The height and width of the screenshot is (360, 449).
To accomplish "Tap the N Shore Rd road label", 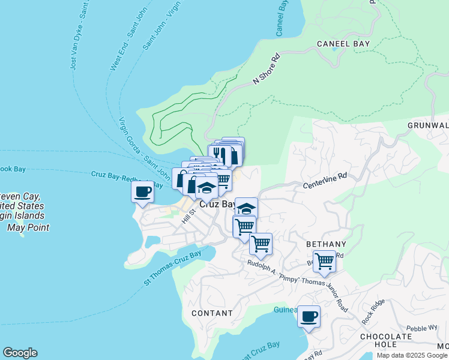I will click(x=267, y=70).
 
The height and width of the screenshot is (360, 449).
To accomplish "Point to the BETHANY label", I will click(x=327, y=244).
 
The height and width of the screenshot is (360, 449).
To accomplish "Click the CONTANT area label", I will click(x=212, y=313).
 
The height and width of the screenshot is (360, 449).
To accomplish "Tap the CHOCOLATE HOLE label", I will click(x=386, y=340).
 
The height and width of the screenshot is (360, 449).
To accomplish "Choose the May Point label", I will click(x=28, y=227).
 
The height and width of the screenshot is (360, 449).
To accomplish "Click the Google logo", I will click(x=20, y=353).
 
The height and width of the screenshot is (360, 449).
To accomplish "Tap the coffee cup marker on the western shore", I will click(x=143, y=193).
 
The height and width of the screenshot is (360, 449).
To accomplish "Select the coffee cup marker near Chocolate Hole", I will click(x=309, y=317).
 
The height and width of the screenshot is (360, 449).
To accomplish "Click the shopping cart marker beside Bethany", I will click(x=324, y=262).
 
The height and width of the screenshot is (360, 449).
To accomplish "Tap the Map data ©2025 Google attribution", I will click(x=412, y=355).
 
